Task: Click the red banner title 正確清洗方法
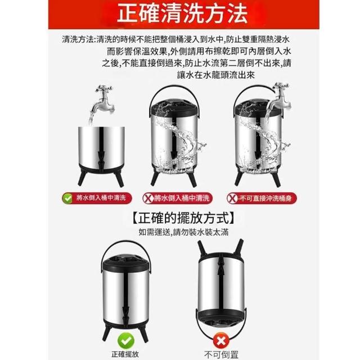coord(182,13)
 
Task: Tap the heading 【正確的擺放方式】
coord(183,218)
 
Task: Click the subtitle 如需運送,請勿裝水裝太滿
coord(183,232)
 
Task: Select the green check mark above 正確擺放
coord(126,341)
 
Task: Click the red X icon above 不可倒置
coord(221,341)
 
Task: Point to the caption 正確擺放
coord(125,354)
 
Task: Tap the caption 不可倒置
coord(221,355)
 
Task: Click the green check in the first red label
coord(67,199)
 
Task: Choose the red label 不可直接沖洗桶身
coord(262,199)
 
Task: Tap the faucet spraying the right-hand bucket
coord(280,97)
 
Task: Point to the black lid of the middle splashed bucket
coord(174,108)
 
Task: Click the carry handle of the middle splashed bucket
coord(174,87)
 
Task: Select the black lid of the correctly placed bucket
coord(126,264)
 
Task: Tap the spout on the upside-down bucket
coord(220,266)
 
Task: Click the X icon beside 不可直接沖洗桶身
coord(232,199)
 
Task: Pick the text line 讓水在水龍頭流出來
coord(216,75)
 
